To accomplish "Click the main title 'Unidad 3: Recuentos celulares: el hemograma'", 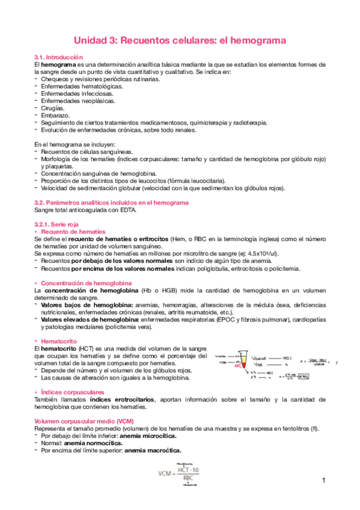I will click(x=180, y=40).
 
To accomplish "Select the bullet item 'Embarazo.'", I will click(x=55, y=114).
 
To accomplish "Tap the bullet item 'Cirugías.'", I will click(x=53, y=107).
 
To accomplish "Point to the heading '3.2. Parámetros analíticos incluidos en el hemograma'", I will click(x=111, y=203).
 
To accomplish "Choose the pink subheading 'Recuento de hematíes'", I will click(x=72, y=232).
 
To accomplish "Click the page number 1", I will click(x=323, y=481).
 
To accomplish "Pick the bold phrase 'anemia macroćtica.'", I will click(x=153, y=450).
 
